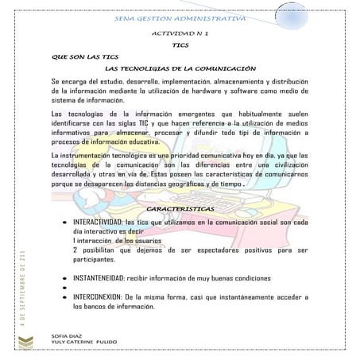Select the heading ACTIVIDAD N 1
pyautogui.click(x=179, y=35)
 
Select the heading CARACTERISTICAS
pyautogui.click(x=180, y=208)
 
